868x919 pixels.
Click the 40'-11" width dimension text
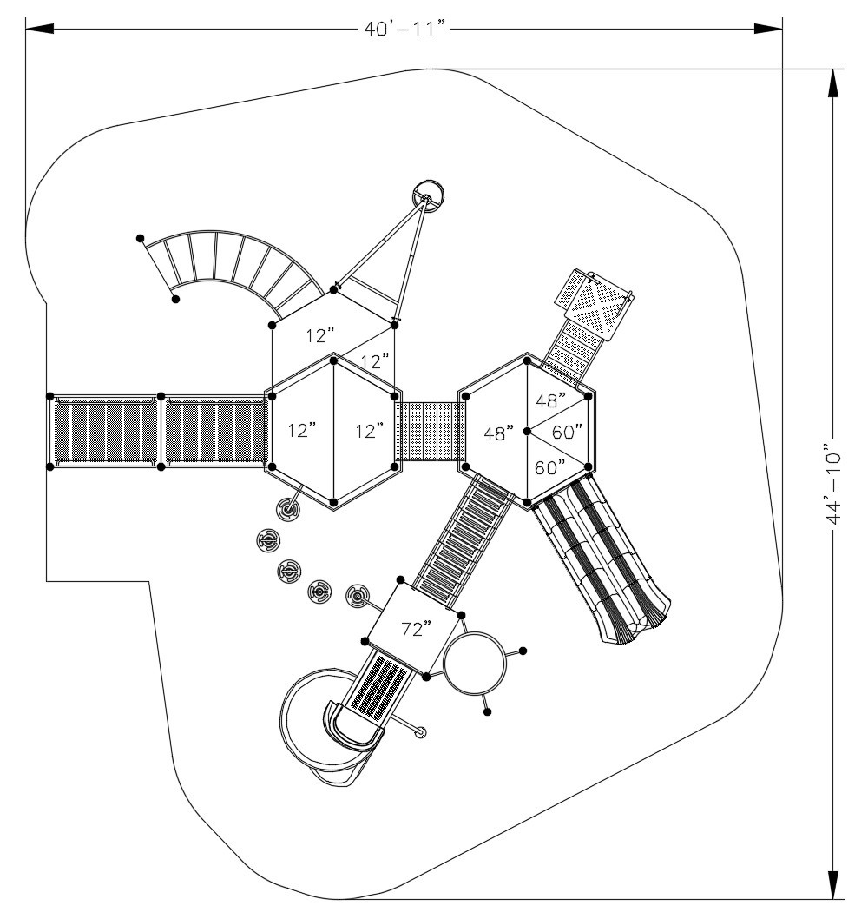pyautogui.click(x=406, y=30)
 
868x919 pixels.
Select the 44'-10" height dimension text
pyautogui.click(x=834, y=483)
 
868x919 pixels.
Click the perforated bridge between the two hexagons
pyautogui.click(x=430, y=431)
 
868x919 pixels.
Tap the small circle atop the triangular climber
pyautogui.click(x=428, y=196)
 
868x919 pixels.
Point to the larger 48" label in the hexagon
pyautogui.click(x=499, y=433)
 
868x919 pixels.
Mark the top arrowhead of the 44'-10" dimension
pyautogui.click(x=834, y=83)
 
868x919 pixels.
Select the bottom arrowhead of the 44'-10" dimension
pyautogui.click(x=834, y=884)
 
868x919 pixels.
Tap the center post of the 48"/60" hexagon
pyautogui.click(x=528, y=431)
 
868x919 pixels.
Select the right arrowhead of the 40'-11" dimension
pyautogui.click(x=768, y=30)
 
